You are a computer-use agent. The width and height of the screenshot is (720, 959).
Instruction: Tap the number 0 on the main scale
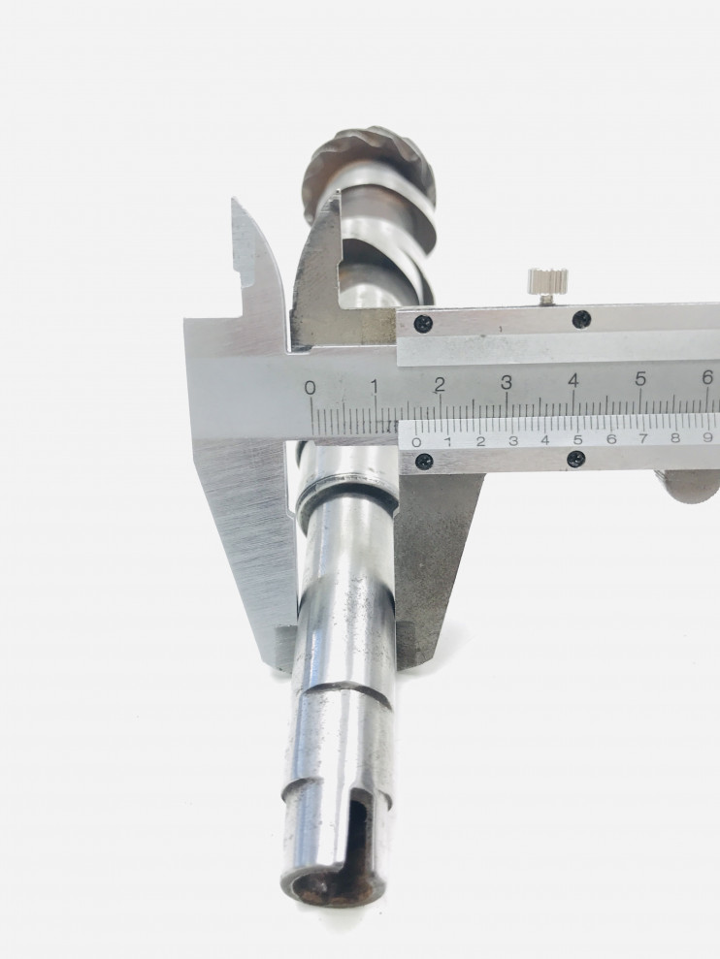tap(311, 388)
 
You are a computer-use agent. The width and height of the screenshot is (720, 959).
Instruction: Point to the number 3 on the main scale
tap(506, 383)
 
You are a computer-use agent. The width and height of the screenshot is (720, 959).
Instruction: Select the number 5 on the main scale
tap(640, 380)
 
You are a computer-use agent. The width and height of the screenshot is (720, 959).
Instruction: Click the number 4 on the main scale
tap(573, 381)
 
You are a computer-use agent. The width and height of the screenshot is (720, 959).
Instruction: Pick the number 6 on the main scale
tap(707, 378)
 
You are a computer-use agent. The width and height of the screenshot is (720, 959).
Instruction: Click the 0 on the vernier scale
tap(417, 442)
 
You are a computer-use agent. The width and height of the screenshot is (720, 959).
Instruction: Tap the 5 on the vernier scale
tap(577, 440)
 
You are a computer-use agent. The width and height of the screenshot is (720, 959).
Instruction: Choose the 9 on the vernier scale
tap(707, 437)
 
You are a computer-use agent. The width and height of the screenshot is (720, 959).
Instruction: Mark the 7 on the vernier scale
tap(642, 438)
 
